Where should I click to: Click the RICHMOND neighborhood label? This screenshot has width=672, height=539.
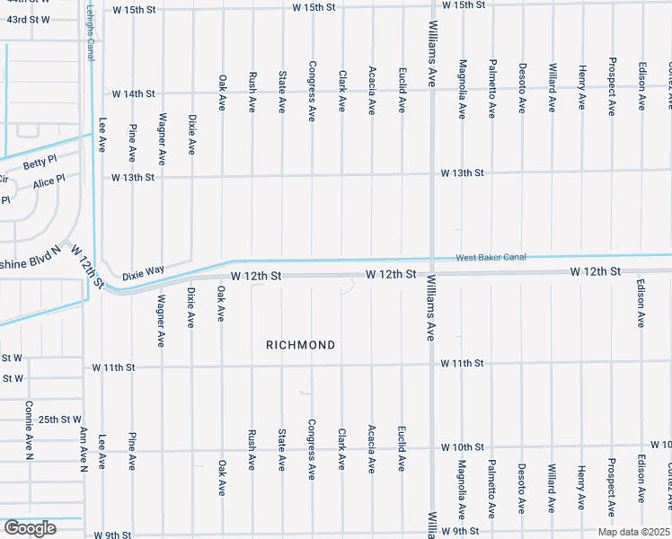coord(301,345)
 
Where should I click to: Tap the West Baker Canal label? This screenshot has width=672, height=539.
coord(491,258)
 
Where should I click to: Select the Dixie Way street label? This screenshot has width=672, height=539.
coord(143,269)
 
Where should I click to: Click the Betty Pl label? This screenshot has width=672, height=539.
coord(39,163)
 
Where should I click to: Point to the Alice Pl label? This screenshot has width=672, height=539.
coord(49,181)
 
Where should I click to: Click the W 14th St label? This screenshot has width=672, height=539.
coord(134,93)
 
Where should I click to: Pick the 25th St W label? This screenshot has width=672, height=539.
coord(60,420)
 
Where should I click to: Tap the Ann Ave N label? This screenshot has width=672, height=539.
coord(83,448)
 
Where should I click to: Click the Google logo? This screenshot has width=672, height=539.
coord(30,527)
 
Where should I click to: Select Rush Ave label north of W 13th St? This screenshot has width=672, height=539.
coord(252,93)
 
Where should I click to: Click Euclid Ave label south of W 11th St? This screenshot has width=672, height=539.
coord(402,447)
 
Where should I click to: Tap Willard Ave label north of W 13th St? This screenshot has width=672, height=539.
coord(552,87)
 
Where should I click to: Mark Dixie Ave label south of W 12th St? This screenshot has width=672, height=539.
coord(190,307)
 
